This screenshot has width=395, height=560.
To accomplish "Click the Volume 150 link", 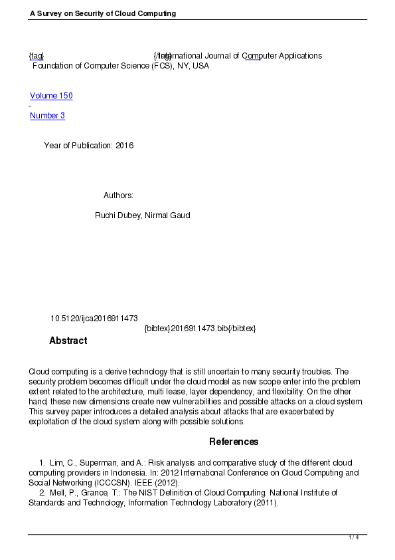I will [x=51, y=96].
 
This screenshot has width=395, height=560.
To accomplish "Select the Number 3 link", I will [x=47, y=116].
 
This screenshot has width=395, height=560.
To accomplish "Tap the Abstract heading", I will [x=68, y=341].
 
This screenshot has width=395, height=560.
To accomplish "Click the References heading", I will [x=234, y=442].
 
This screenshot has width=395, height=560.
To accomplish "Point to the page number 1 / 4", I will [x=354, y=537].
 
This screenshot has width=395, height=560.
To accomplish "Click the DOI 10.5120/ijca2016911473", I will [x=94, y=319].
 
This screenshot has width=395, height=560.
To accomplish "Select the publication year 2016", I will [x=125, y=146].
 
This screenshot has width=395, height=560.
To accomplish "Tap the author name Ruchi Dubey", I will [x=118, y=215].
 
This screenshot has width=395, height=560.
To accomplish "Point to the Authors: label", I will [x=119, y=196].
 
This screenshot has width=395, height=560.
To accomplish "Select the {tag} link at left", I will [x=37, y=56].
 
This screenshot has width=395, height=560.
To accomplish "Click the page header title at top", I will [x=103, y=13].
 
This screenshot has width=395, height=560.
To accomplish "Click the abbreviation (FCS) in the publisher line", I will [x=159, y=66].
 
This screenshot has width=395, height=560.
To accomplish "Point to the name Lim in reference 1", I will [x=55, y=463].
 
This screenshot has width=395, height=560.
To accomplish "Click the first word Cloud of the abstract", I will [x=39, y=371].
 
